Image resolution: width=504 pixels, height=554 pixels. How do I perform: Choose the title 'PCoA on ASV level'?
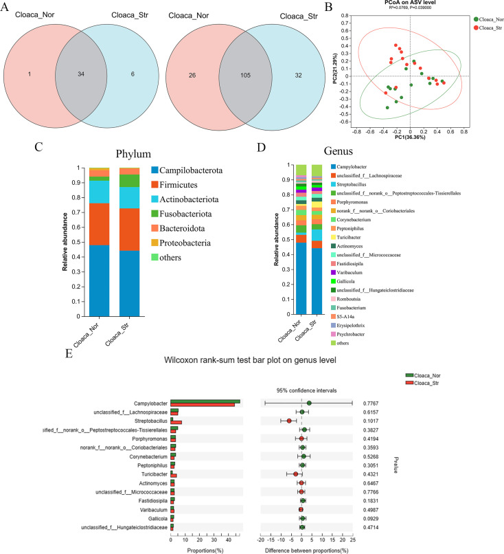coord(411,4)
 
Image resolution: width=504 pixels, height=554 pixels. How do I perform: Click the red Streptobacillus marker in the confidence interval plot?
coord(289,421)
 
